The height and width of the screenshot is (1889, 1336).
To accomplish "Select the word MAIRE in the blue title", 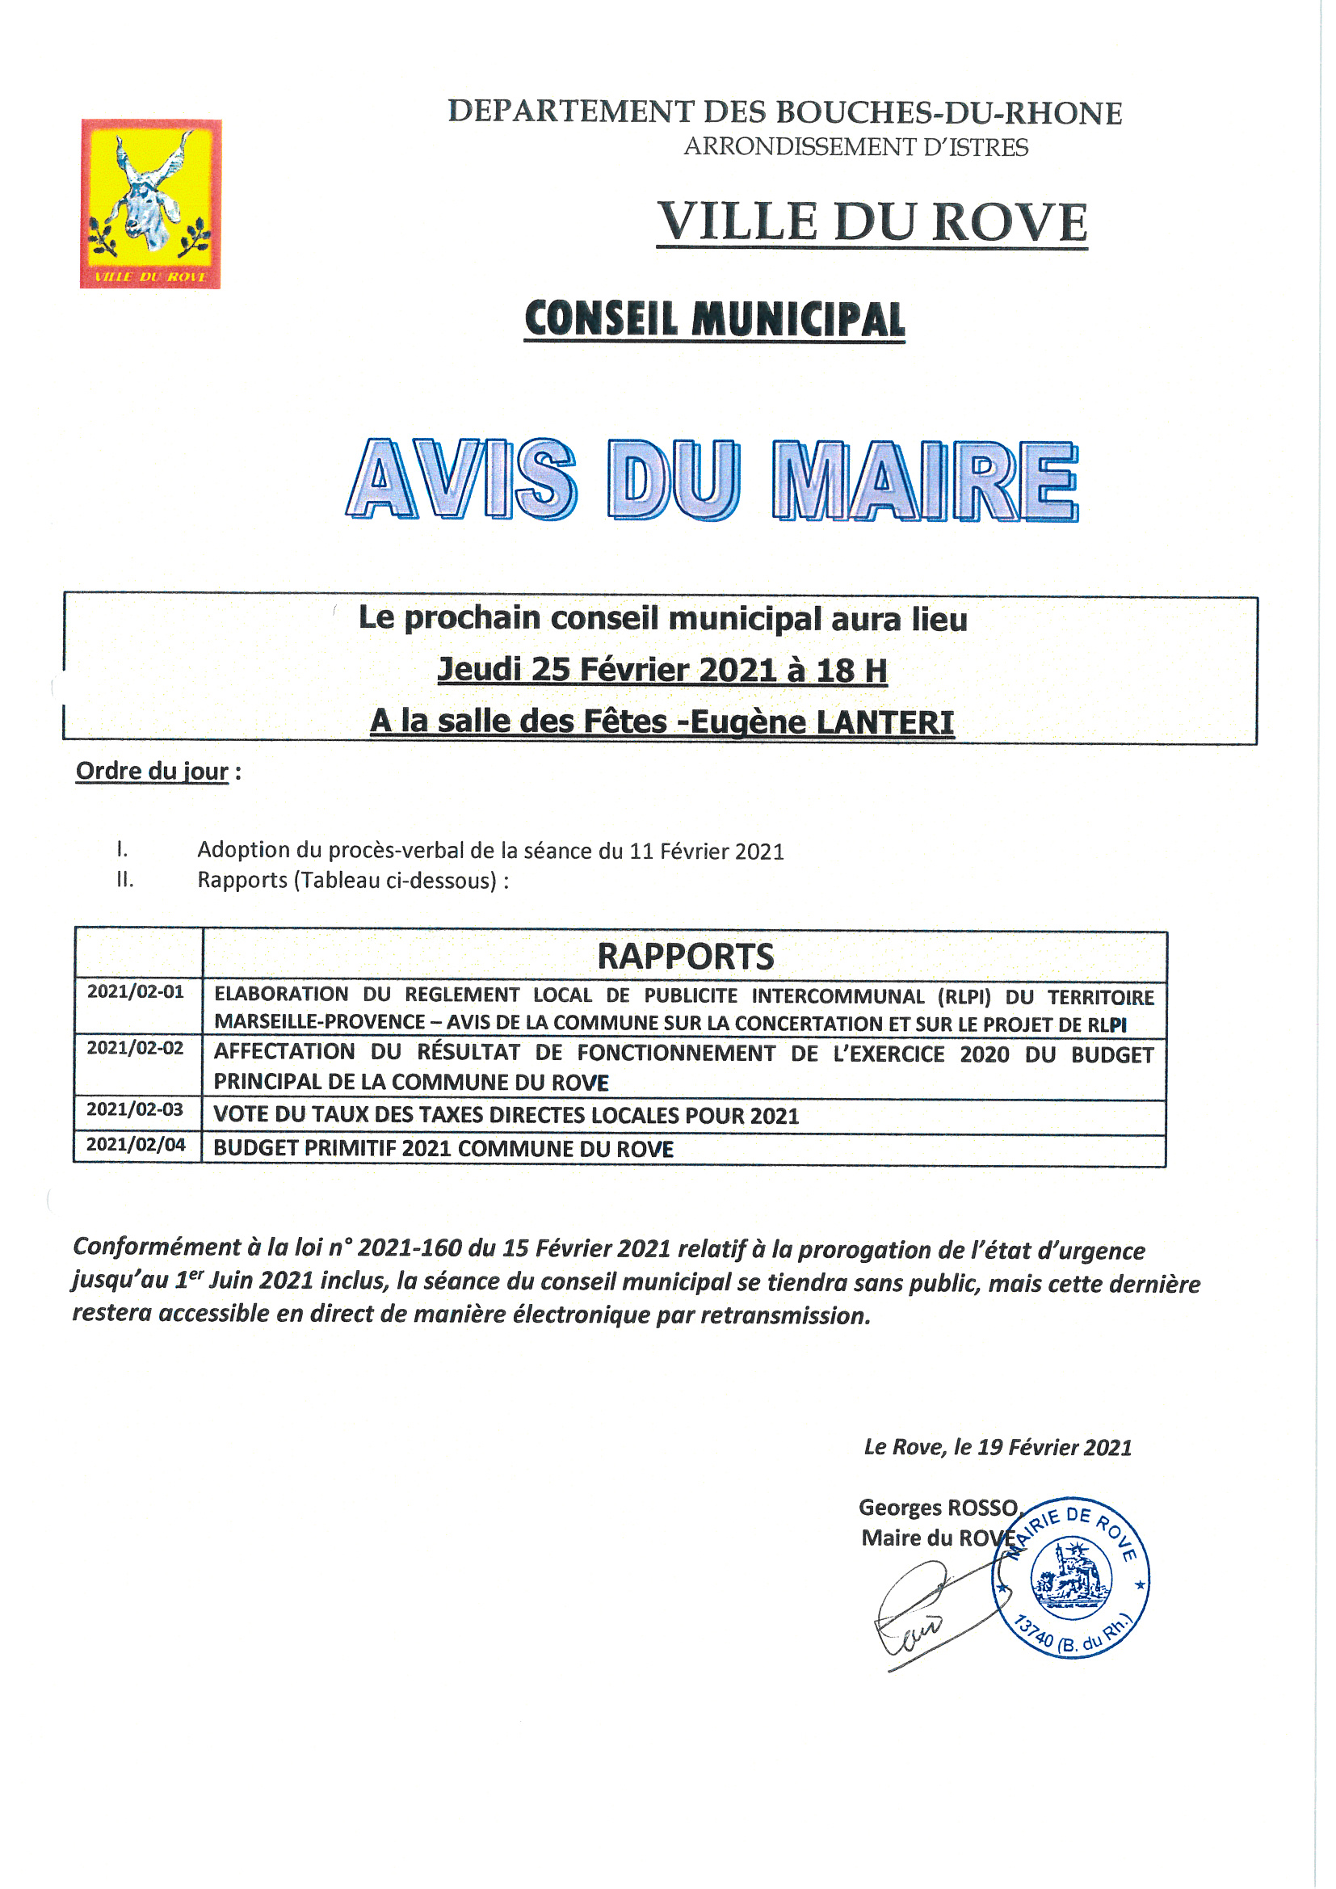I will [925, 482].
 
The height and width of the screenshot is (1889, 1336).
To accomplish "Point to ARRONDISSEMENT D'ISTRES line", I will [855, 147].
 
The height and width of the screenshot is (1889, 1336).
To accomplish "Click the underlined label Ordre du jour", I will [152, 771].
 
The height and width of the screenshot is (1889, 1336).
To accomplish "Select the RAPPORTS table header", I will [685, 956].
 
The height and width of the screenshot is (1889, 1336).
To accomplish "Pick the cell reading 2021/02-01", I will [136, 991].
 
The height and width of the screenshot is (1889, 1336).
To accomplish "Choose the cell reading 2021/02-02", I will [136, 1047].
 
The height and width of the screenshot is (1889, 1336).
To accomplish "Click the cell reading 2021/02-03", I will [136, 1109].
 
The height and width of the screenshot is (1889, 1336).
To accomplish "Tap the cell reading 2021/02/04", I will [136, 1144].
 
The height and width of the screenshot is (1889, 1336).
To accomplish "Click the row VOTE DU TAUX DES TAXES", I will [506, 1116].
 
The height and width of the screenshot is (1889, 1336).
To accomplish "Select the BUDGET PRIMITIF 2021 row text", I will [443, 1150].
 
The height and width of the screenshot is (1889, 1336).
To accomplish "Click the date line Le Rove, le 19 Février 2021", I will [997, 1447].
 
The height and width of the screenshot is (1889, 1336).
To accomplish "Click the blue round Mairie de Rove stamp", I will [1070, 1577].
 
